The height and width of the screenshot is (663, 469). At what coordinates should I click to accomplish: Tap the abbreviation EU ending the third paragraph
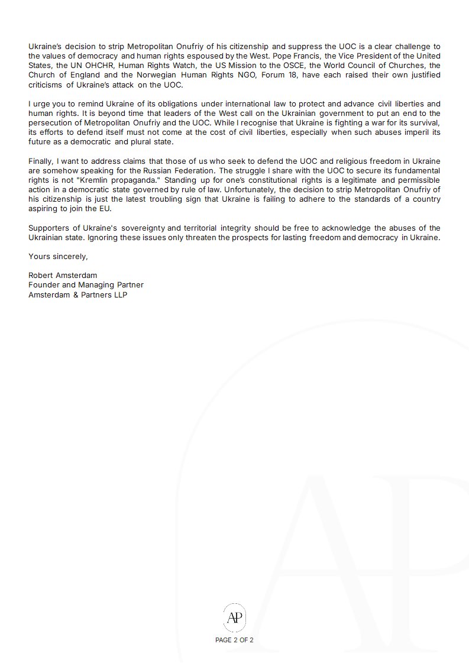tap(106, 208)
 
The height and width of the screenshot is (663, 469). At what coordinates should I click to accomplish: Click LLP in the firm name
tap(119, 294)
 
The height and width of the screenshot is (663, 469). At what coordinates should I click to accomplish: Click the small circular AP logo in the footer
tap(234, 617)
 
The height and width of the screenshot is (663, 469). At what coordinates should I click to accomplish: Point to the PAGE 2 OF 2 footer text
tap(234, 639)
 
